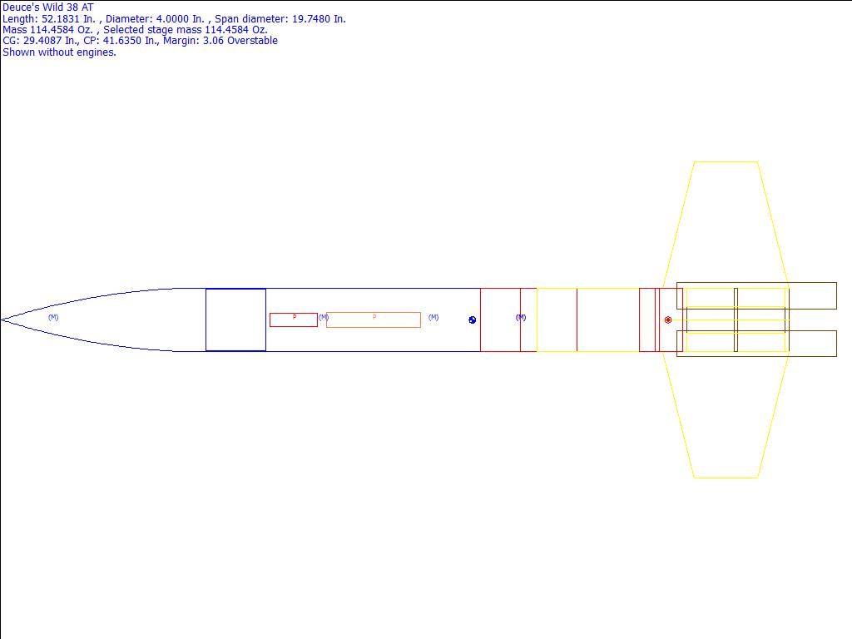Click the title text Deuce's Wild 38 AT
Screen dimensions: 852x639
(x=47, y=7)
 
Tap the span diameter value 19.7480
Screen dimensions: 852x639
(x=311, y=19)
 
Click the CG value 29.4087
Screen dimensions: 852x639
(x=42, y=41)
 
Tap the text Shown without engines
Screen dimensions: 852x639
(x=59, y=52)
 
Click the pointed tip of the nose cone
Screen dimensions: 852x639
(x=2, y=320)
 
